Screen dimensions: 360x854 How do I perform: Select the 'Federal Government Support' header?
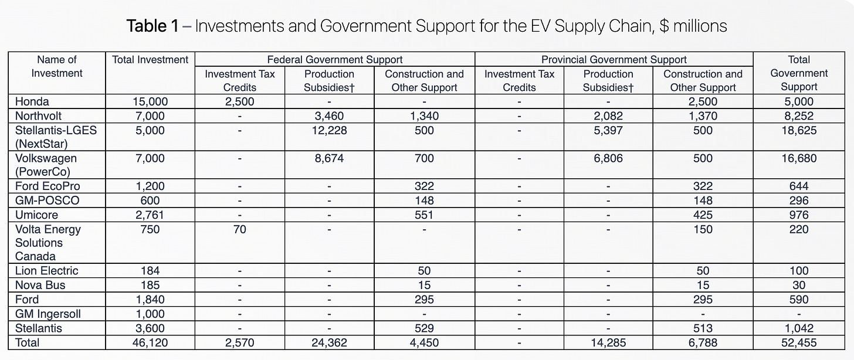(x=334, y=59)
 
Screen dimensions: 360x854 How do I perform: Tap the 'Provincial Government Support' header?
(x=614, y=59)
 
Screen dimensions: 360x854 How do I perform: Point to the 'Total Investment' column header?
(x=150, y=59)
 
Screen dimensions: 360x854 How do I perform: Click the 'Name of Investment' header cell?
(x=56, y=66)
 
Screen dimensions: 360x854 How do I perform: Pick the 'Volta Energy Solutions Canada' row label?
(x=48, y=243)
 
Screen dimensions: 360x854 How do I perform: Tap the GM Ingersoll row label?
(x=48, y=314)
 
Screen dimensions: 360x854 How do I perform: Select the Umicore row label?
(x=36, y=215)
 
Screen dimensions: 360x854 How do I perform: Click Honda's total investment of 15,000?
(x=150, y=102)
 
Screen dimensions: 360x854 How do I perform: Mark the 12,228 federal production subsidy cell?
(x=329, y=130)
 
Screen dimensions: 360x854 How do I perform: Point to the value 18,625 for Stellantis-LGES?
(x=799, y=130)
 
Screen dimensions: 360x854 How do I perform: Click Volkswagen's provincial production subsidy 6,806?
(x=608, y=158)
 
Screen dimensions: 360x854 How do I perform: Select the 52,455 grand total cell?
(x=799, y=342)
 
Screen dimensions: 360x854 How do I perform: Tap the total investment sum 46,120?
(x=150, y=342)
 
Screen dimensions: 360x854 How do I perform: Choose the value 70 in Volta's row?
(x=239, y=229)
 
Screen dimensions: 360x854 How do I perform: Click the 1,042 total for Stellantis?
(x=799, y=328)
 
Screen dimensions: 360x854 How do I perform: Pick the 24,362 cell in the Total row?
(x=329, y=342)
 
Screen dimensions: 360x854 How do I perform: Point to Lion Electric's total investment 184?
(x=150, y=271)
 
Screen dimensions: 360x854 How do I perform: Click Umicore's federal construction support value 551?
(x=424, y=215)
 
